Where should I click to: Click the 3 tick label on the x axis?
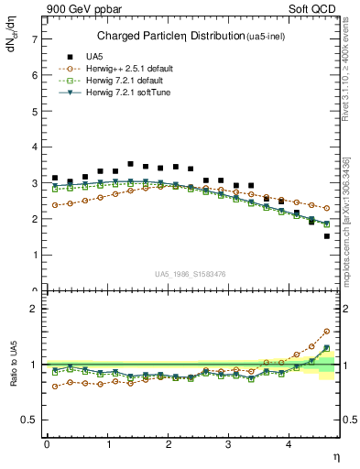pos(229,444)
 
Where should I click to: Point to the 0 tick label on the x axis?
pos(47,444)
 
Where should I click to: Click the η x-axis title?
pos(336,455)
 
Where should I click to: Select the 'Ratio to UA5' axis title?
pos(13,377)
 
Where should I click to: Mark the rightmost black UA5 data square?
pos(326,236)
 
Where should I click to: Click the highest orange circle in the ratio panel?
pos(326,332)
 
